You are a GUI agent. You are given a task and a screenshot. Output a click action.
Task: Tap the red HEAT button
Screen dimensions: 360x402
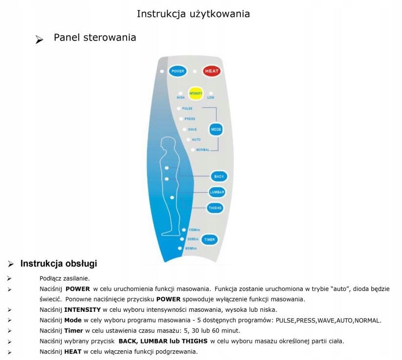(211, 71)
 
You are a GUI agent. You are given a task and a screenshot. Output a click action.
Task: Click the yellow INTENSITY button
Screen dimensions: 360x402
(196, 92)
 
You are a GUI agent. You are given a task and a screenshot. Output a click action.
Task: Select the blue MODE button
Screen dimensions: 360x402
(216, 129)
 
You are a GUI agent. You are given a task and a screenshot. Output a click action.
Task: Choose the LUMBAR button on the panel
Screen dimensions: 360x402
(217, 192)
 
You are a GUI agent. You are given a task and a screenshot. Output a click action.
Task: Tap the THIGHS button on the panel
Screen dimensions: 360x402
(215, 208)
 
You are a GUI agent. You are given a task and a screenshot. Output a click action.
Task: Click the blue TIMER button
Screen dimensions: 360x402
(209, 239)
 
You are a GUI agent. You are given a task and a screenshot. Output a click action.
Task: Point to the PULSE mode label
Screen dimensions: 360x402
(187, 108)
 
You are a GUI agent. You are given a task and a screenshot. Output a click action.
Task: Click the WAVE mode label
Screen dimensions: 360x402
(192, 129)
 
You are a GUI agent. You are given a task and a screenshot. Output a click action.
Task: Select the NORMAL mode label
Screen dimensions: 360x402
(203, 150)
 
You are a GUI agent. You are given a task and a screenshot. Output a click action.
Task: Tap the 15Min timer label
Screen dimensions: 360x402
(194, 230)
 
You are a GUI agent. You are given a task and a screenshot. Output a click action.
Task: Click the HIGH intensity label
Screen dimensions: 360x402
(181, 97)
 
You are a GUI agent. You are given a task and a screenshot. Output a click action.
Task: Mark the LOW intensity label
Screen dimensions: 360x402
(211, 97)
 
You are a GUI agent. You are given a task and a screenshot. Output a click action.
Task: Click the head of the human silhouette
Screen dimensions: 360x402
(169, 144)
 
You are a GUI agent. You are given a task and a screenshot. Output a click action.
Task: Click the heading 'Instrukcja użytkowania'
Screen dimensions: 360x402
(193, 14)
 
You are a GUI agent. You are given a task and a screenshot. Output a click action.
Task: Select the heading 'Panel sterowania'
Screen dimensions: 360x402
(95, 37)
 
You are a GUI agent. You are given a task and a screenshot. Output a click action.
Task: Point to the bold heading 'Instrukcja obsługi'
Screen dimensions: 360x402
(58, 264)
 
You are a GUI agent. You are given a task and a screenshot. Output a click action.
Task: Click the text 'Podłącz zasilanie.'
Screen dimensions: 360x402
(64, 279)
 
